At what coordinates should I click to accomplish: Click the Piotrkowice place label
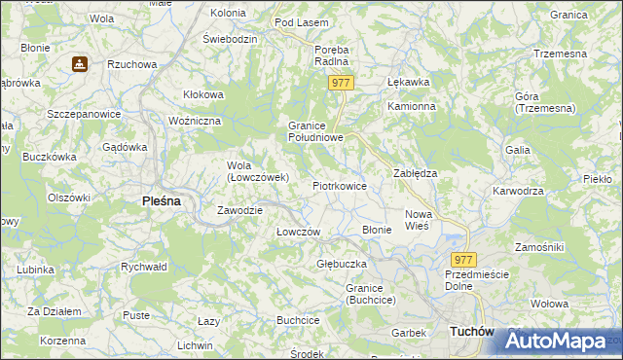tap(339, 185)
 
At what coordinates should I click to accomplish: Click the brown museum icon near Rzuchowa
tap(79, 64)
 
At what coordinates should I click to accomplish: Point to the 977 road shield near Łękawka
tap(341, 84)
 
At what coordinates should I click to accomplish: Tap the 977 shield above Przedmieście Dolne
tap(464, 260)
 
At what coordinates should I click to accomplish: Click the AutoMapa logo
tap(556, 341)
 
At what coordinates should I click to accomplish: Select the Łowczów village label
tap(299, 232)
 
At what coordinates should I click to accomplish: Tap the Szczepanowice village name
tap(84, 114)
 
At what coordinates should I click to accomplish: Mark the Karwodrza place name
tap(518, 191)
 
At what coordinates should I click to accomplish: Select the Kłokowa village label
tap(203, 94)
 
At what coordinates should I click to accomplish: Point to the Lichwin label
tap(195, 345)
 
